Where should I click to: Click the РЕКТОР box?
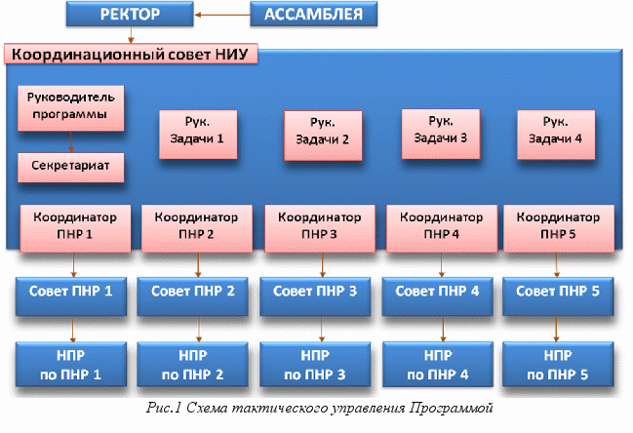point(130,14)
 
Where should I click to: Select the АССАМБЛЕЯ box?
point(314,14)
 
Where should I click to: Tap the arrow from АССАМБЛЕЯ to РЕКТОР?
point(222,15)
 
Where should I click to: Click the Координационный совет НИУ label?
point(131,54)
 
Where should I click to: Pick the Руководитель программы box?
point(71,107)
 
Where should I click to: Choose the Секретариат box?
point(71,167)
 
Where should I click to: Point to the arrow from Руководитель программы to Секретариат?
point(71,141)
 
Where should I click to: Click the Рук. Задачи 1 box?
point(198,134)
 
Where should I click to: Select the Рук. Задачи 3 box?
point(441,134)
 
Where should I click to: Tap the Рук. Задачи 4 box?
point(556,135)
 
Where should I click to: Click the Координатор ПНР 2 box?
point(197,228)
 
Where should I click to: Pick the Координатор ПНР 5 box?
point(559,228)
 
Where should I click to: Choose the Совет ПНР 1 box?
point(71,296)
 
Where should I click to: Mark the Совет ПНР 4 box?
point(437,296)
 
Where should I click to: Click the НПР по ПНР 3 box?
point(315,365)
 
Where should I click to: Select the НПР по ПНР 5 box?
point(558,365)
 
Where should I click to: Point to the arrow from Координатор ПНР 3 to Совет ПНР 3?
point(322,264)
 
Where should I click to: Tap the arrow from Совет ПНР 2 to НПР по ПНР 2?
point(198,329)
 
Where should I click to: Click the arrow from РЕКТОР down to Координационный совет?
point(131,35)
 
